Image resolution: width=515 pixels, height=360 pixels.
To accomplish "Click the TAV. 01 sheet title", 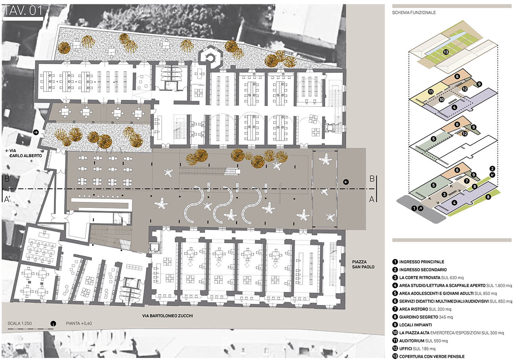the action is (x=23, y=11).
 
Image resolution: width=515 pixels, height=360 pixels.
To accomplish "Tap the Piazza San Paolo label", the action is (x=363, y=265).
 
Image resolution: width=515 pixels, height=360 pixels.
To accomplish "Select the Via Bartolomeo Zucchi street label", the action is (x=168, y=316).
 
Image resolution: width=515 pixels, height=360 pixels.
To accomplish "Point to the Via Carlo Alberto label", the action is (x=24, y=153).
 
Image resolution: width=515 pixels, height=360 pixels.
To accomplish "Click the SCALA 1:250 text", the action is (x=19, y=324).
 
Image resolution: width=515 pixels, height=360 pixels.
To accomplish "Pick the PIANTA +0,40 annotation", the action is (x=79, y=324).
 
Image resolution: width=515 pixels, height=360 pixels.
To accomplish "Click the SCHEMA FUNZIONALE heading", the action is (x=414, y=13).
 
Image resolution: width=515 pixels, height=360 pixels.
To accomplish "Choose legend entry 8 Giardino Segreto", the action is (x=423, y=317).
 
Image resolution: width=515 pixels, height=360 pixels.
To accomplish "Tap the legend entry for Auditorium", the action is (x=420, y=341).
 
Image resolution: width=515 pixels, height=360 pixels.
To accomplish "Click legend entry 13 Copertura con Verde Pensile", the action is (x=428, y=356).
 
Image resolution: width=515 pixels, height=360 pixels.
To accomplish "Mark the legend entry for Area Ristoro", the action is (x=422, y=309).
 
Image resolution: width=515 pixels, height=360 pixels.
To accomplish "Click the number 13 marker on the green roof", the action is (x=446, y=52).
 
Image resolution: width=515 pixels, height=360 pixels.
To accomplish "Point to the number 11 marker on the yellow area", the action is (x=431, y=92).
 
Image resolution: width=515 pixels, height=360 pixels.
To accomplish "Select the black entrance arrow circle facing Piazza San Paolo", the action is (x=346, y=182).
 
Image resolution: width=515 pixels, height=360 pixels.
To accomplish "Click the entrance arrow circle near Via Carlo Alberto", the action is (x=36, y=132).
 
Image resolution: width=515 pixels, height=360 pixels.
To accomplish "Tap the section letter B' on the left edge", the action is (x=8, y=179).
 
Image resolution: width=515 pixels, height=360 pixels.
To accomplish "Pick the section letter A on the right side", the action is (x=372, y=199).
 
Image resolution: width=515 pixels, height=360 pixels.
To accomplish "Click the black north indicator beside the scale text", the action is (x=53, y=324).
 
